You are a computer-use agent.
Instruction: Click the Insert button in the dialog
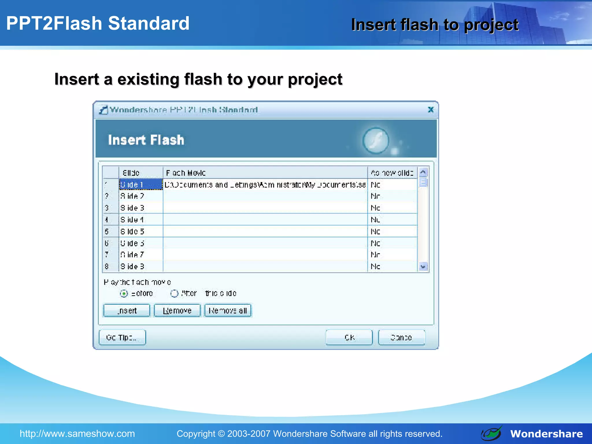point(127,310)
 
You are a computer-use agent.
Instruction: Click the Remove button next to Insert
point(177,310)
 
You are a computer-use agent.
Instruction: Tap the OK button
point(349,337)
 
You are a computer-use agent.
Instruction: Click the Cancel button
point(402,337)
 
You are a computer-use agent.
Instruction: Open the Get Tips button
point(122,337)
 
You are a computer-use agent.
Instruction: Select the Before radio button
point(124,294)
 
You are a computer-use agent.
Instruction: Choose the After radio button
point(174,294)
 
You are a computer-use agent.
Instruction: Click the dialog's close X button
point(431,110)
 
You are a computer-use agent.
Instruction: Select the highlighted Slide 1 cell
point(141,184)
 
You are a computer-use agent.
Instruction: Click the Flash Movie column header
point(265,173)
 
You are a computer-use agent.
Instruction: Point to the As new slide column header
point(392,173)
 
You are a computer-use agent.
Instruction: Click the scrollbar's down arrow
point(423,267)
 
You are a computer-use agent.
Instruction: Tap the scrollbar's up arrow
point(423,173)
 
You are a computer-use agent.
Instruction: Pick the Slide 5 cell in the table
point(141,232)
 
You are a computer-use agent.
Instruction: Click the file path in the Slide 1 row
point(265,185)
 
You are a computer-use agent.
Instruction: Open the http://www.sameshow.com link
point(77,434)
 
